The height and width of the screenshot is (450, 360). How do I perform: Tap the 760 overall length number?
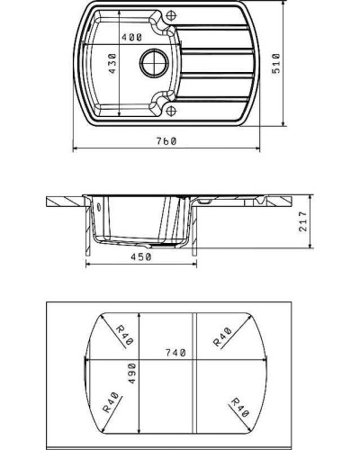tap(165, 140)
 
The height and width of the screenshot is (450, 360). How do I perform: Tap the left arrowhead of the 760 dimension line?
tap(75, 148)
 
